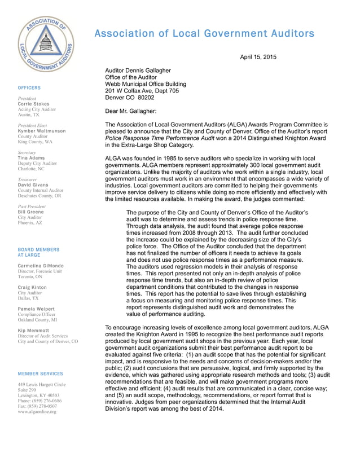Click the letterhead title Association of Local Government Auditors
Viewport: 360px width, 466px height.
point(204,33)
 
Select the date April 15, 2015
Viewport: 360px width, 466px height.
point(258,57)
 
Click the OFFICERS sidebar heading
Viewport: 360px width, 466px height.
point(29,88)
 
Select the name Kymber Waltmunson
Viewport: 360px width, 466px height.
point(42,130)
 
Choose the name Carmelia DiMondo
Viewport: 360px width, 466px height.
point(41,266)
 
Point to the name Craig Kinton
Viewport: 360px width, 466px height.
point(33,287)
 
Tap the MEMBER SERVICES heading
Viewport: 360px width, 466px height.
point(41,373)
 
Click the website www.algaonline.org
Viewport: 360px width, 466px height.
point(37,412)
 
